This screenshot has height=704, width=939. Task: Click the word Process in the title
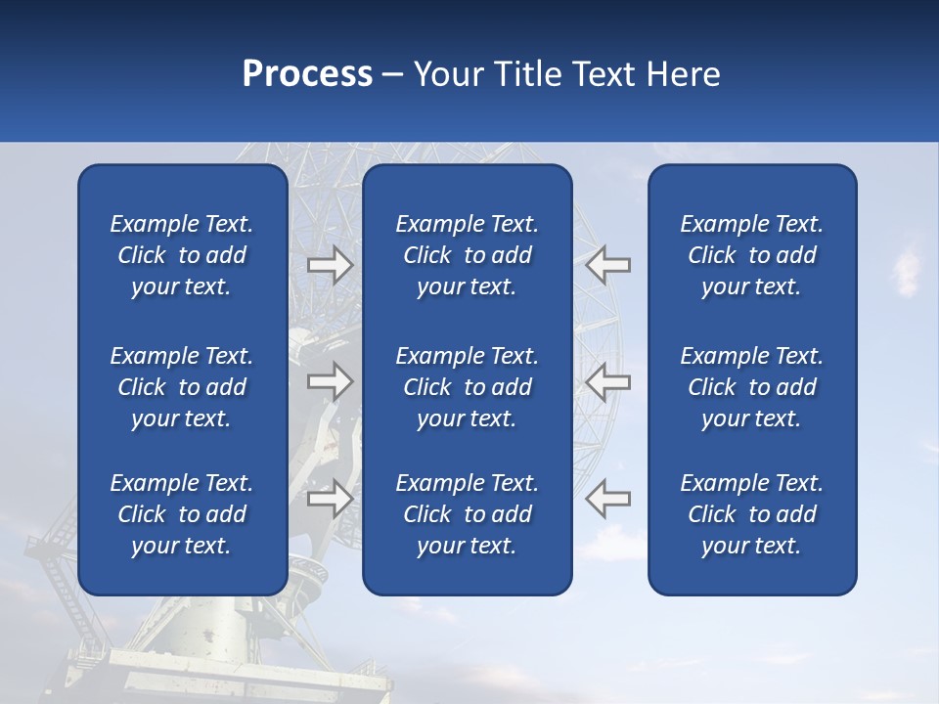click(x=307, y=74)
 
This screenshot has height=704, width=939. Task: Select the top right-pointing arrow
click(x=330, y=265)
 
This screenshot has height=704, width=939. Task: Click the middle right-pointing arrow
click(x=330, y=381)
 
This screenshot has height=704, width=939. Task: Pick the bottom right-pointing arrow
click(x=330, y=498)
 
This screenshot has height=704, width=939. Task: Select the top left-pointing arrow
click(x=608, y=265)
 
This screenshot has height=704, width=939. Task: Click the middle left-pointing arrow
click(x=608, y=381)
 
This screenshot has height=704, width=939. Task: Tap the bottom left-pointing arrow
click(x=608, y=498)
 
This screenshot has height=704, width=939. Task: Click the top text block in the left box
click(x=182, y=255)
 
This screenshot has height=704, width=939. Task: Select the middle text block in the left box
click(x=182, y=387)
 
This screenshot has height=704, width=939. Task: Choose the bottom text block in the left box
click(x=182, y=514)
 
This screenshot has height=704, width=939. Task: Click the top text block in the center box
click(x=468, y=255)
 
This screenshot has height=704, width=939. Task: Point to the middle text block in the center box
click(x=468, y=387)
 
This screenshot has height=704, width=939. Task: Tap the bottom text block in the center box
click(x=468, y=514)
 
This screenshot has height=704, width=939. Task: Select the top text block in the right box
click(x=752, y=255)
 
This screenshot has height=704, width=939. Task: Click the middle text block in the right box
click(x=752, y=387)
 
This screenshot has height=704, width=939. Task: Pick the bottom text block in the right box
click(x=752, y=514)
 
